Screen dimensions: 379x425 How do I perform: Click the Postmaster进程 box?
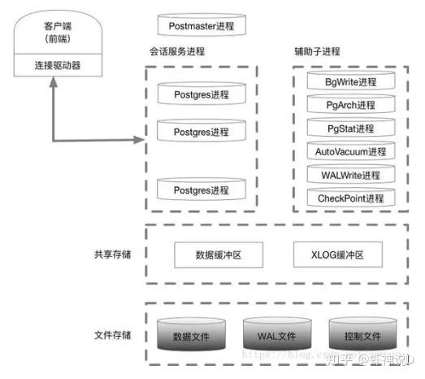201,26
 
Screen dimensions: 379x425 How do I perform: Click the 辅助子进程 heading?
317,53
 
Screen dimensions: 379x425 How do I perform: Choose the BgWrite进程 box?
350,82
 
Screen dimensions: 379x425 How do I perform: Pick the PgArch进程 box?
350,105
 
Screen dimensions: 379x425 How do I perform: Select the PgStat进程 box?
350,129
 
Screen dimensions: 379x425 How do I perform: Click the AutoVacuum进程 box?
350,151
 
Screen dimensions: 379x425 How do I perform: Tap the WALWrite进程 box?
350,175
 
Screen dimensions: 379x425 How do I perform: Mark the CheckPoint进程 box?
350,198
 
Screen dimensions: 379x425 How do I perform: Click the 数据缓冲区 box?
219,255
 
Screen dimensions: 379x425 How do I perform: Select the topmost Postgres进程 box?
202,95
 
